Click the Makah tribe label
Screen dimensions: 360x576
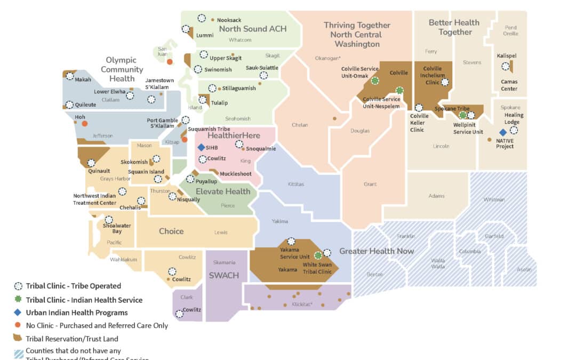tap(83, 80)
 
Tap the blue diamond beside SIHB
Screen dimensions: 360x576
tap(201, 147)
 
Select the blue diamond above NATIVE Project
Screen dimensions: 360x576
tap(502, 132)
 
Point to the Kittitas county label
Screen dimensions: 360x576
tap(295, 185)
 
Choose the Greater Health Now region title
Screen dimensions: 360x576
tap(377, 251)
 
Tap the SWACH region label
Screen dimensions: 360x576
tap(223, 275)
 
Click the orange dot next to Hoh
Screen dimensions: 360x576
tap(84, 124)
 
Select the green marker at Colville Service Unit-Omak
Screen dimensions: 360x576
tap(375, 81)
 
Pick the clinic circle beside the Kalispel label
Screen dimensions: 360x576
tap(505, 67)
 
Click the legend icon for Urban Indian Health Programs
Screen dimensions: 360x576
tap(18, 313)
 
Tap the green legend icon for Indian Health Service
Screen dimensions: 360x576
tap(18, 299)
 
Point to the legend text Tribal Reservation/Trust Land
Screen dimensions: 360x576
tap(72, 339)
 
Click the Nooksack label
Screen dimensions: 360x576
tap(229, 20)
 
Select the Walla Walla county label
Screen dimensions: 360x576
tap(438, 264)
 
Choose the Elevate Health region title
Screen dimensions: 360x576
tap(223, 191)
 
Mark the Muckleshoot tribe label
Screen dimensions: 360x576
tap(236, 174)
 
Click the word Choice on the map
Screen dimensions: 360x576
tap(171, 231)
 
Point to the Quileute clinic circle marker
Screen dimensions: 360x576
tap(69, 105)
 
